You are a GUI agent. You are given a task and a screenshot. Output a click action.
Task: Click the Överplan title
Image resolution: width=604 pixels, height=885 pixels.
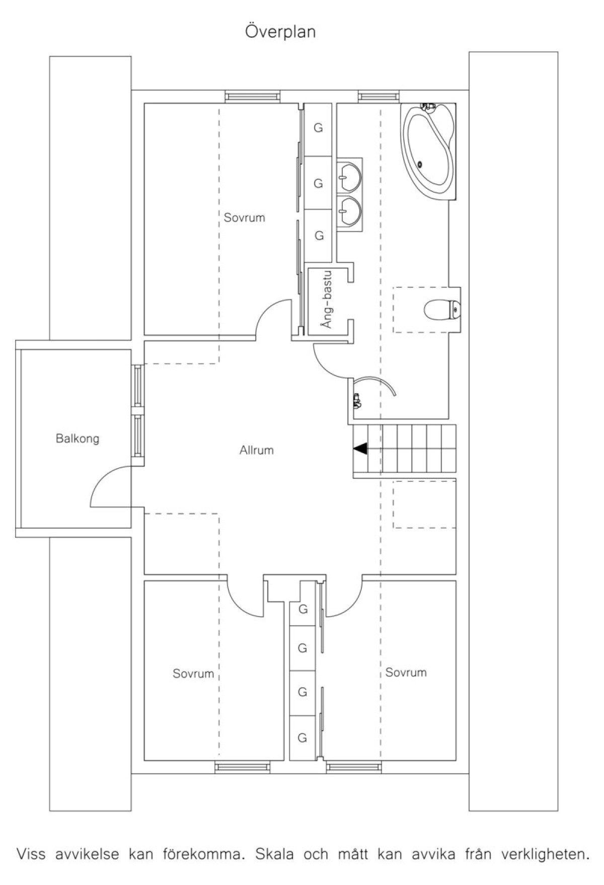pyautogui.click(x=280, y=32)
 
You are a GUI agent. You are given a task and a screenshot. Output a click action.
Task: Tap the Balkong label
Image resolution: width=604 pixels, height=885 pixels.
pyautogui.click(x=78, y=439)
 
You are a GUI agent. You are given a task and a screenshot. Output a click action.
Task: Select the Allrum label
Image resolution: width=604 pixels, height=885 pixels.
pyautogui.click(x=257, y=450)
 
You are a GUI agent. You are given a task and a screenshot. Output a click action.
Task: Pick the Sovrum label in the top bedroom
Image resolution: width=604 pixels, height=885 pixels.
pyautogui.click(x=245, y=218)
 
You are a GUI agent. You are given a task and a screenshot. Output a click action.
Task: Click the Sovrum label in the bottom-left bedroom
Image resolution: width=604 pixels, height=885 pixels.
pyautogui.click(x=193, y=674)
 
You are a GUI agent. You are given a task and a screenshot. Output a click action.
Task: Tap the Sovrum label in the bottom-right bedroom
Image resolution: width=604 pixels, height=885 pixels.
pyautogui.click(x=406, y=673)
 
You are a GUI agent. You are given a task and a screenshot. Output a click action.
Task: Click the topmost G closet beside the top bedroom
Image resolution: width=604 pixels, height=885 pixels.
pyautogui.click(x=318, y=128)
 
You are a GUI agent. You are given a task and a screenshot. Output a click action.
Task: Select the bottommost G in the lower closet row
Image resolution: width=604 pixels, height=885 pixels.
pyautogui.click(x=303, y=738)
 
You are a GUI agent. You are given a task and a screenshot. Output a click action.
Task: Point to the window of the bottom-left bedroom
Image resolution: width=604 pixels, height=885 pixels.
pyautogui.click(x=242, y=767)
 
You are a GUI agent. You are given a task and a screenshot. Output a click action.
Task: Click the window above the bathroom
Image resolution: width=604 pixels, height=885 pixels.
pyautogui.click(x=379, y=96)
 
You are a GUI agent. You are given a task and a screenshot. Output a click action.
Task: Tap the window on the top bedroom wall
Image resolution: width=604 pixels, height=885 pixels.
pyautogui.click(x=252, y=96)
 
